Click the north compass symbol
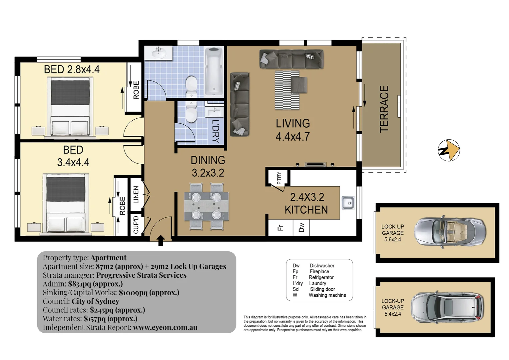448,150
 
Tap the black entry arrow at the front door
161,240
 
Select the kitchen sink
348,203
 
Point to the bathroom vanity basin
159,53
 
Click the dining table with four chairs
207,206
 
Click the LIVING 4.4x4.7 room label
292,130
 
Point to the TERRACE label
384,109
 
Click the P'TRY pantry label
279,178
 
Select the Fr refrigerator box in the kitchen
280,228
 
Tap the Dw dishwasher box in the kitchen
301,228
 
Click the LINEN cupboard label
136,195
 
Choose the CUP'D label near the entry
136,225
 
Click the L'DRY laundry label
216,131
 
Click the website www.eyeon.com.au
165,327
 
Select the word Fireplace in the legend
319,271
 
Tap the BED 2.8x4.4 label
72,69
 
